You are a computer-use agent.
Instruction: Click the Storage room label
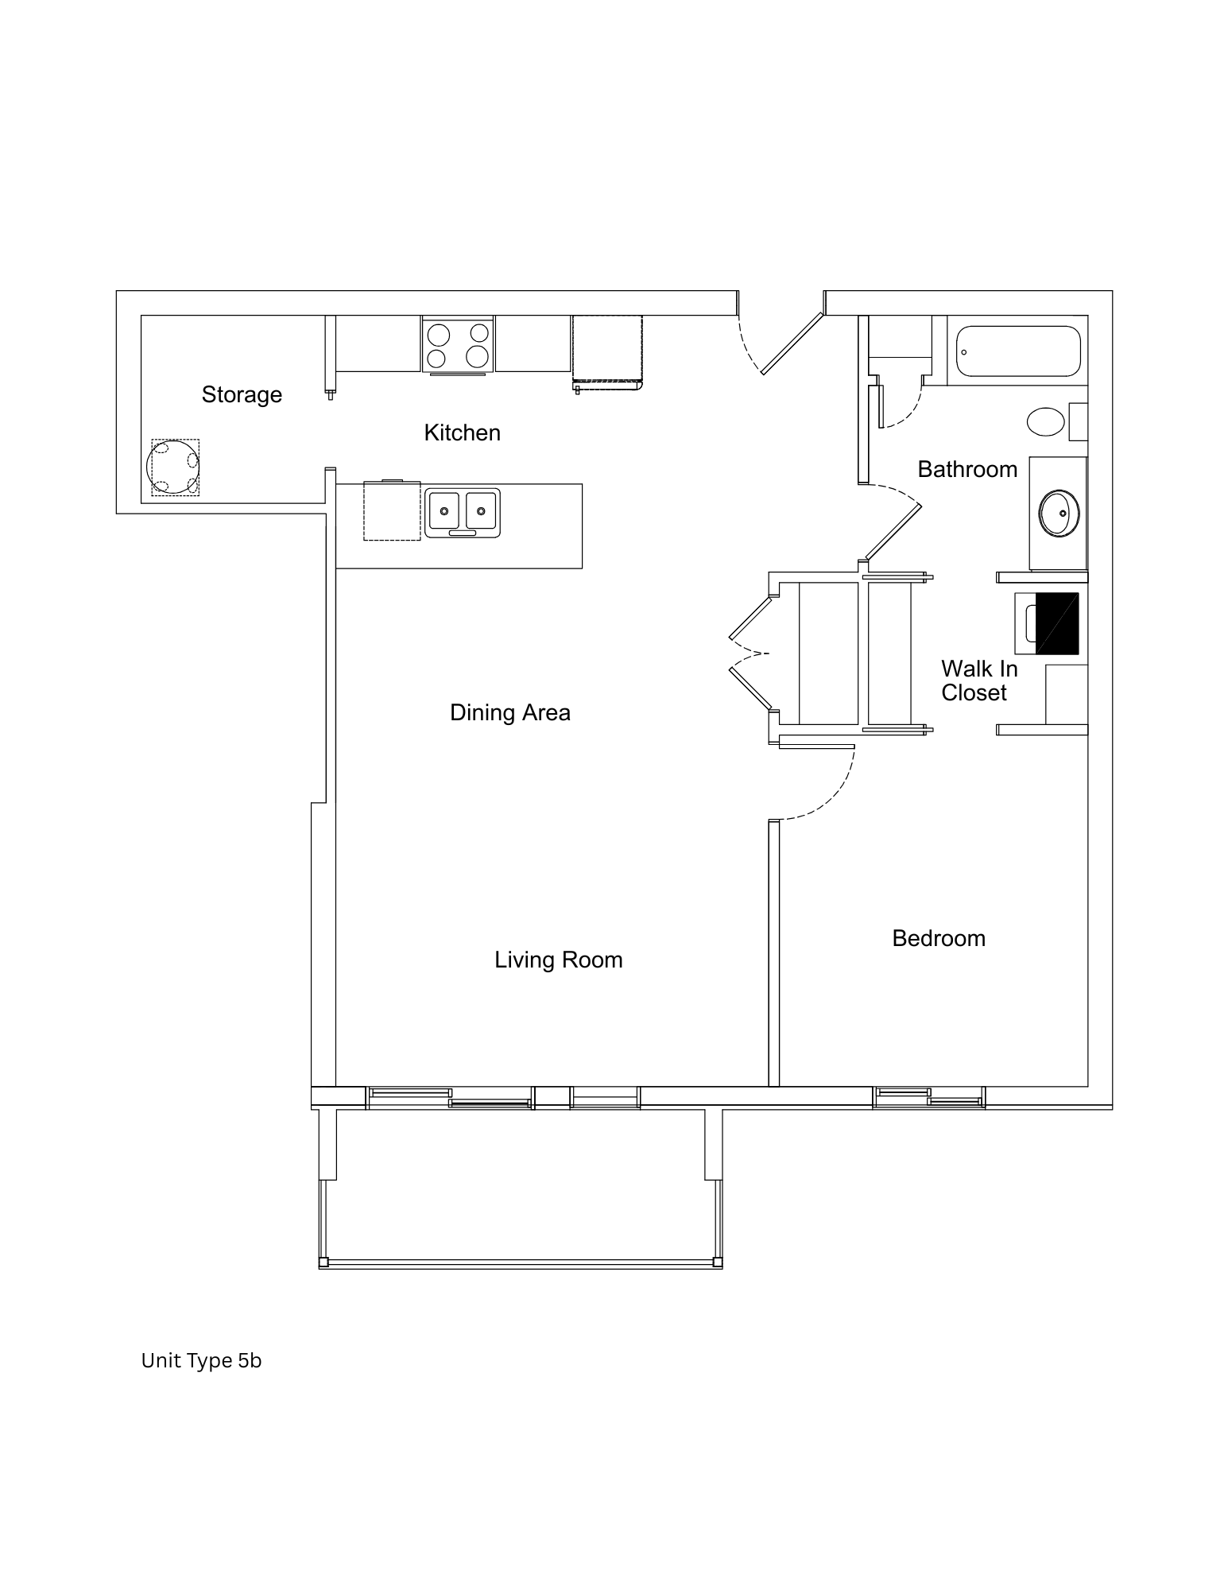pyautogui.click(x=242, y=394)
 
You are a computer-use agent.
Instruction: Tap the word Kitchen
pyautogui.click(x=462, y=432)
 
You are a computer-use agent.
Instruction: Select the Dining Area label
pyautogui.click(x=509, y=712)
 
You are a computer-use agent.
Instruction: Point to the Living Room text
pyautogui.click(x=558, y=960)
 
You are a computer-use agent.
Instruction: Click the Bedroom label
pyautogui.click(x=938, y=938)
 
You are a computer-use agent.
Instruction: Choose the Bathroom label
pyautogui.click(x=967, y=469)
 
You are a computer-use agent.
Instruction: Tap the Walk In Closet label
pyautogui.click(x=978, y=681)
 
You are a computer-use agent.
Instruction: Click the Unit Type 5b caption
pyautogui.click(x=201, y=1360)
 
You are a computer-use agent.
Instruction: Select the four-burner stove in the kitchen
pyautogui.click(x=458, y=344)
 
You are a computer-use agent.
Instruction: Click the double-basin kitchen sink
pyautogui.click(x=463, y=513)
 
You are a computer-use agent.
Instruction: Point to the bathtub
pyautogui.click(x=1018, y=351)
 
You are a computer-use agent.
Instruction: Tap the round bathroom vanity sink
pyautogui.click(x=1059, y=513)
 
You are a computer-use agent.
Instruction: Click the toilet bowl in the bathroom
pyautogui.click(x=1046, y=421)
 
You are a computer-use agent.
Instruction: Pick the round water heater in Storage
pyautogui.click(x=173, y=467)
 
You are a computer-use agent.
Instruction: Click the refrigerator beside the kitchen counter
pyautogui.click(x=607, y=351)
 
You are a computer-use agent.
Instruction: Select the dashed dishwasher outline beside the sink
pyautogui.click(x=392, y=511)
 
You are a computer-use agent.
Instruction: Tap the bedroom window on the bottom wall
pyautogui.click(x=928, y=1097)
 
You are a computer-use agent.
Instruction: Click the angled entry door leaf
pyautogui.click(x=792, y=343)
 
